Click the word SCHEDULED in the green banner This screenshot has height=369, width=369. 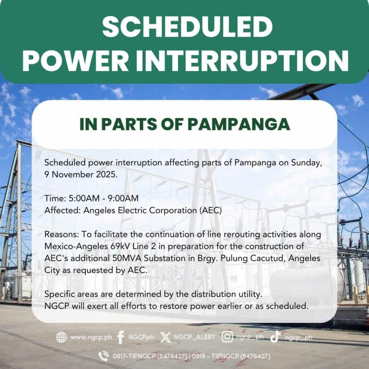[187, 26]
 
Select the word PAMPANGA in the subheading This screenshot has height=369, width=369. [239, 124]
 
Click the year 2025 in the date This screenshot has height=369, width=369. [106, 175]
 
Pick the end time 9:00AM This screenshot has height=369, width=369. [123, 199]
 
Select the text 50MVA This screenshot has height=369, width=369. [127, 258]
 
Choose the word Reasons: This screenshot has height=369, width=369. [62, 234]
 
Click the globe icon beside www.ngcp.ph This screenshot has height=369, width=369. [61, 337]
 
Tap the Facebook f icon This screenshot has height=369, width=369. [121, 337]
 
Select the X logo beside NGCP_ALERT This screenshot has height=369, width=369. [166, 337]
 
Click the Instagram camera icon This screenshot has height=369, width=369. [227, 337]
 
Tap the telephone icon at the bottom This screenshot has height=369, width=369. [103, 356]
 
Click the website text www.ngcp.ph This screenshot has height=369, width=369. [91, 337]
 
